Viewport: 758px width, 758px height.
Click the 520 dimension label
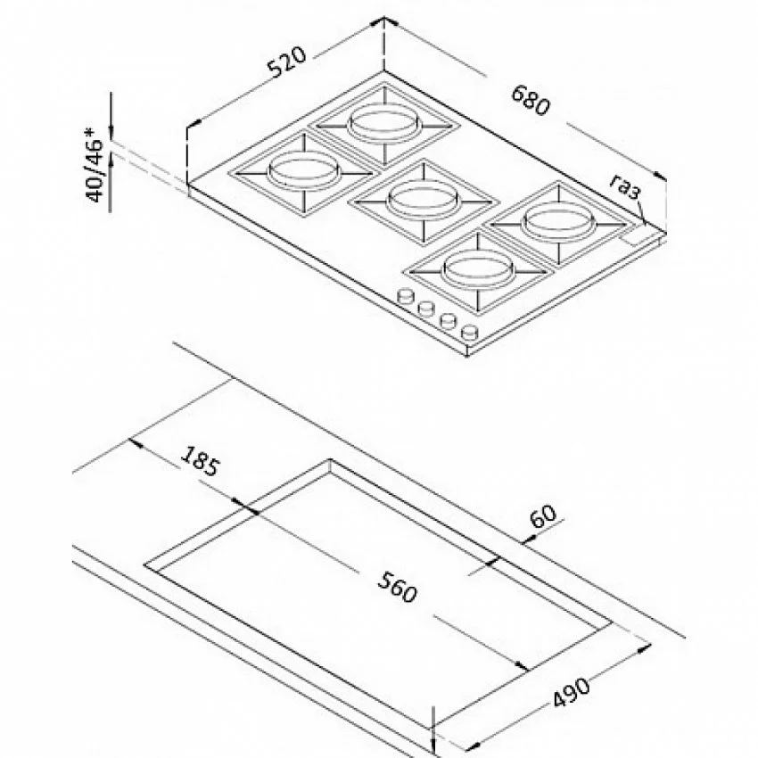288,62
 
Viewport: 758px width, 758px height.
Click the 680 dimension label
531,100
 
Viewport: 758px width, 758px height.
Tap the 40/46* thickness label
94,164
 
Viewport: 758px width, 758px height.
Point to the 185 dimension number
200,460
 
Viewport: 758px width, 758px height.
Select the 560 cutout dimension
397,587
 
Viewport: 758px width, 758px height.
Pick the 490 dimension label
571,693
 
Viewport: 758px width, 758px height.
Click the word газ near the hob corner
625,187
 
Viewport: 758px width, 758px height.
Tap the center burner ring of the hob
423,201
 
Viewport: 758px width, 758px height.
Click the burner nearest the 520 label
384,125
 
